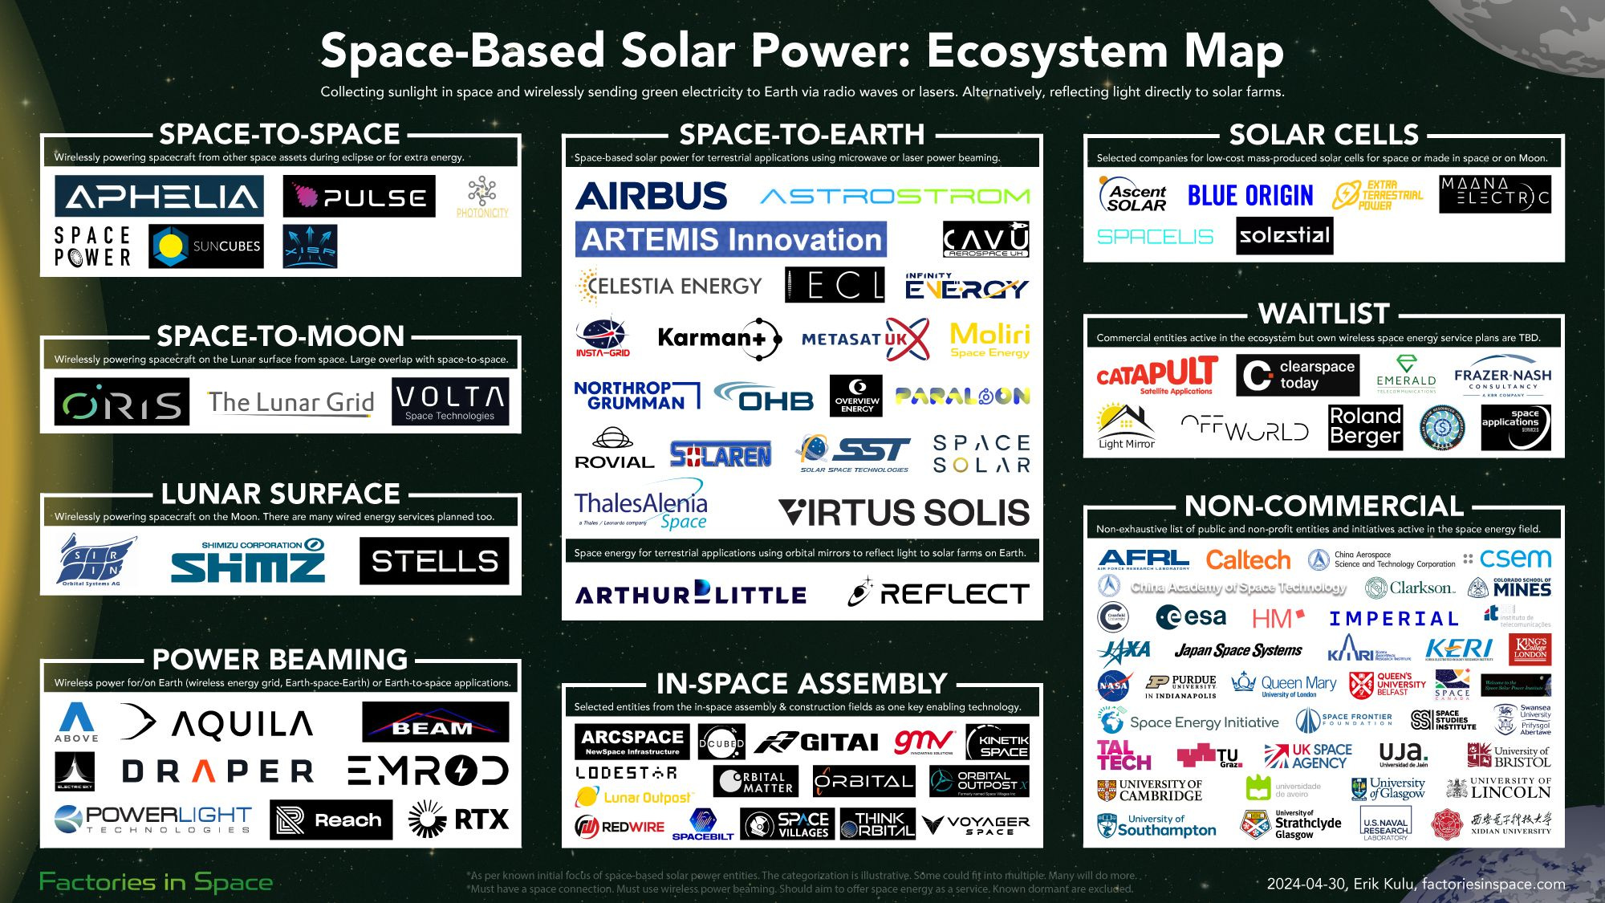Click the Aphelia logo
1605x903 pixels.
159,197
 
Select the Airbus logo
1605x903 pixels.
652,196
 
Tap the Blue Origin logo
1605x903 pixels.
1250,196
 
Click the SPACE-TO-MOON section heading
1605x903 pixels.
280,336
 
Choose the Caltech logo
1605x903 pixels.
1248,559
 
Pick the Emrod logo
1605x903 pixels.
428,771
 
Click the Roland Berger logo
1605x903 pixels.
1365,426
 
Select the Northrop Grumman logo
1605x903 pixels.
636,395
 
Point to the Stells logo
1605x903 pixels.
434,561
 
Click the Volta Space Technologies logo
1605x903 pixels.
450,401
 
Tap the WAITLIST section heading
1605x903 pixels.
1323,313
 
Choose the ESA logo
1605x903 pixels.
1192,617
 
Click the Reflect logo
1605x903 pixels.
939,593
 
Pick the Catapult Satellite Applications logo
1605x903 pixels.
1156,376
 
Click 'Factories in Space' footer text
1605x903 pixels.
156,882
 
